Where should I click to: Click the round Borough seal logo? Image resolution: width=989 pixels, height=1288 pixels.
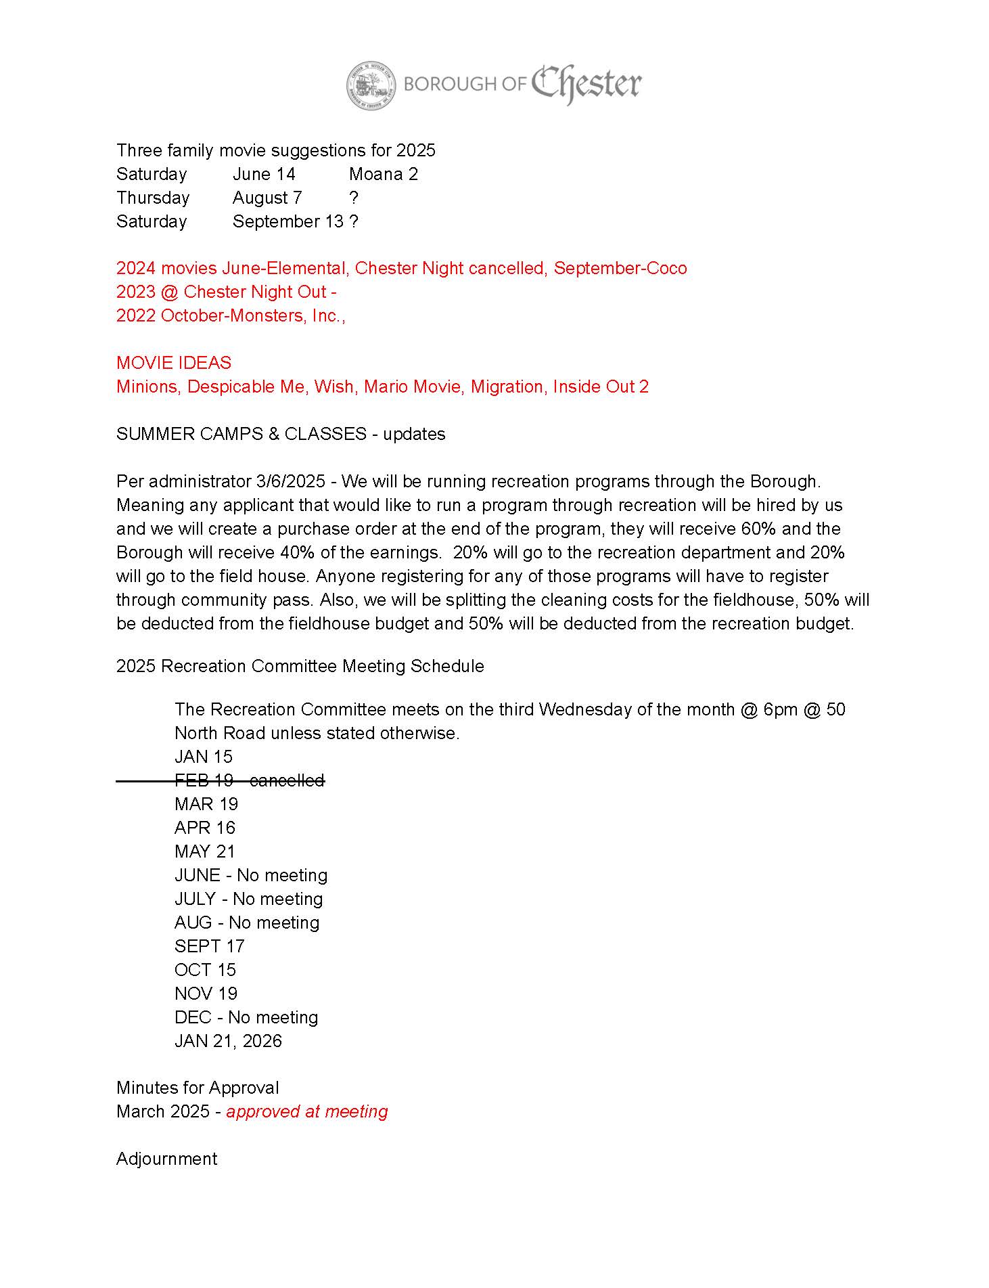click(x=371, y=86)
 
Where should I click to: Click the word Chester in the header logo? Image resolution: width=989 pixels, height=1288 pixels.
click(x=586, y=84)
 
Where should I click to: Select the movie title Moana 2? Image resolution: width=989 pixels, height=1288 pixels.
click(x=384, y=174)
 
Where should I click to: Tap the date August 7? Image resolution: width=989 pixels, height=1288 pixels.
click(x=267, y=198)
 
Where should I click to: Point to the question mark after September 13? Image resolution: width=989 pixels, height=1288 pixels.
click(x=354, y=221)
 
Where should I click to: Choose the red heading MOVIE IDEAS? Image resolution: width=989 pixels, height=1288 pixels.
click(x=174, y=363)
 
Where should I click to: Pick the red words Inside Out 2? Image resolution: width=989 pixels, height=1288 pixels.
click(x=601, y=386)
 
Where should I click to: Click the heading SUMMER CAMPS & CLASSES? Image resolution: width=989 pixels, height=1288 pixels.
click(x=241, y=434)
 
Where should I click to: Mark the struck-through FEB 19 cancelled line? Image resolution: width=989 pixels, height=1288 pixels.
click(x=249, y=780)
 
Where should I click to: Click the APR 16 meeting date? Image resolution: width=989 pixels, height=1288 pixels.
click(x=205, y=828)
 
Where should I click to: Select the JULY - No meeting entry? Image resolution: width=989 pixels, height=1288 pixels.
click(x=248, y=899)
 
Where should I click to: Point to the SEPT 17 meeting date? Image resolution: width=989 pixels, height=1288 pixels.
click(x=209, y=946)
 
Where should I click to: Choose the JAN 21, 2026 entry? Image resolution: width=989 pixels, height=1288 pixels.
click(x=228, y=1041)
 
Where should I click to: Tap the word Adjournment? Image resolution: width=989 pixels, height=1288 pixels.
click(x=166, y=1159)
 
